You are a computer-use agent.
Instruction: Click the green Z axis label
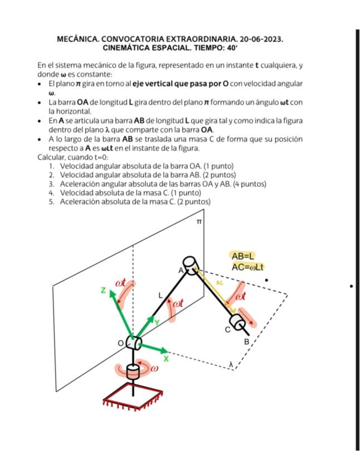(x=104, y=290)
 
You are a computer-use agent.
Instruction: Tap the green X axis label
(x=166, y=359)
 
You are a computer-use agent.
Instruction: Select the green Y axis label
(x=157, y=322)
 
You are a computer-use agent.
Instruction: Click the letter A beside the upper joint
(x=181, y=270)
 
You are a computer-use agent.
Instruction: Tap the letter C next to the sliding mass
(x=227, y=330)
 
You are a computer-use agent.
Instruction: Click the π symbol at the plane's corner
(x=198, y=221)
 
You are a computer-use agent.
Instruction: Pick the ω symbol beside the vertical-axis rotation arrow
(x=154, y=368)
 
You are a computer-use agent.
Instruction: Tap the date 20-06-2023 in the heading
(x=261, y=40)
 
